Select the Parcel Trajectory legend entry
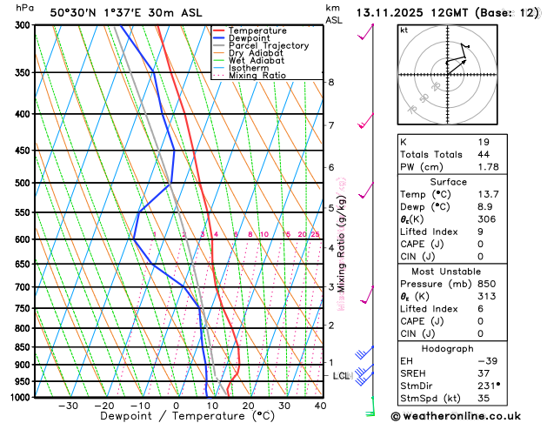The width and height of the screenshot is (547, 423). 268,46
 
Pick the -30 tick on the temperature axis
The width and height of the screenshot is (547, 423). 68,406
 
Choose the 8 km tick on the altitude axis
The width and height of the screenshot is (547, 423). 331,82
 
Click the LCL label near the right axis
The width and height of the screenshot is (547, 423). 342,376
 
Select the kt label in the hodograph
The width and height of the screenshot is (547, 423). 404,30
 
